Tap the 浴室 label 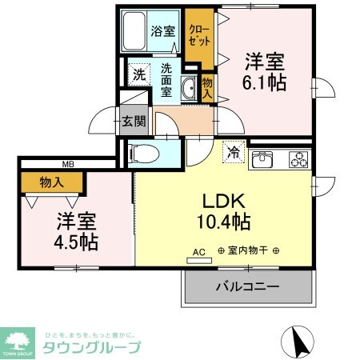162,32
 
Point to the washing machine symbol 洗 139,74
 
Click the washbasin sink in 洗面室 189,88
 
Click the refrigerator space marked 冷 234,150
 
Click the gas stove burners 298,158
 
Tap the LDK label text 222,200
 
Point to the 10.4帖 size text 223,222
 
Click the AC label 199,252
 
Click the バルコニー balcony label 247,286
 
